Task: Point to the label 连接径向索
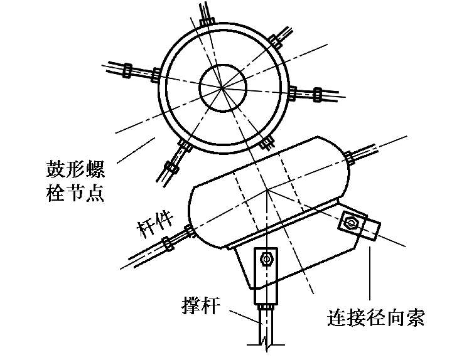[376, 317]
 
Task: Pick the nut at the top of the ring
[207, 20]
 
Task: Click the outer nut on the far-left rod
[125, 68]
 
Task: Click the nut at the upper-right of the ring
[274, 41]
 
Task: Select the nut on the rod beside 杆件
[166, 243]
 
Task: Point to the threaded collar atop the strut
[266, 304]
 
